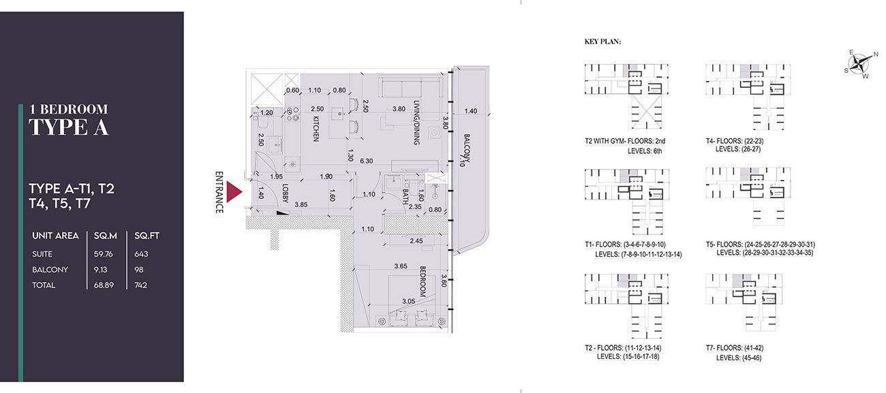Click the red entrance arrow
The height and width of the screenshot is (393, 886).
coord(233,192)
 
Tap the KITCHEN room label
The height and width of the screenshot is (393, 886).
coord(316,129)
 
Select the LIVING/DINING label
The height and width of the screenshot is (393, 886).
coord(416,123)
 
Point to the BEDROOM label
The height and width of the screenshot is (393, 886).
coord(423,281)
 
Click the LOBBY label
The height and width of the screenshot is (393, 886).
coord(285,193)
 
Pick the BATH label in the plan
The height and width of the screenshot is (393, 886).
coord(405,196)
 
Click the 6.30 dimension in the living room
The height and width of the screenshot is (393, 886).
coord(366,161)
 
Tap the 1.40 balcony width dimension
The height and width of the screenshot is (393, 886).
coord(471,111)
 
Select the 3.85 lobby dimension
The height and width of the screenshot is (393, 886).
coord(301,204)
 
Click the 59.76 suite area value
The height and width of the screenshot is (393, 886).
coord(103,254)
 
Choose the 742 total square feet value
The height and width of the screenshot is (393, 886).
coord(140,285)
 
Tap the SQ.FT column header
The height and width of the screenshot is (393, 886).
coord(147,236)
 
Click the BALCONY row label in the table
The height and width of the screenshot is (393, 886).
coord(50,270)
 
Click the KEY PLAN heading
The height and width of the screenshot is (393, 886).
coord(602,42)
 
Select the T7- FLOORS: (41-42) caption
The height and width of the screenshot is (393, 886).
coord(735,348)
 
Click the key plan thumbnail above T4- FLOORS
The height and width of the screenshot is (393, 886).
coord(748,97)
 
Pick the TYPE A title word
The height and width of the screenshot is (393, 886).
coord(68,127)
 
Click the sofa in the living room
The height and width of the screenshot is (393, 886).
coord(410,87)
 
